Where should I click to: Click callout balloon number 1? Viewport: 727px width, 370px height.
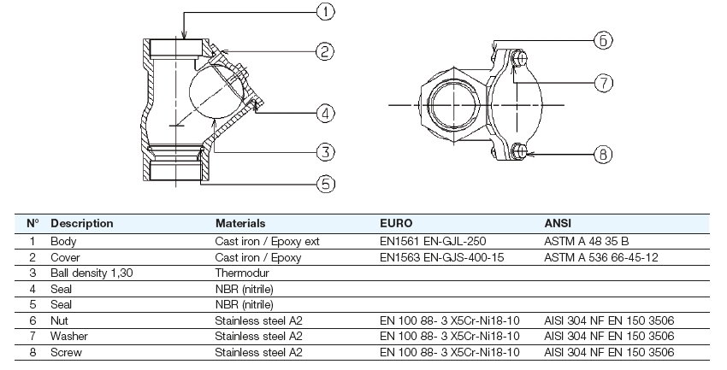point(326,12)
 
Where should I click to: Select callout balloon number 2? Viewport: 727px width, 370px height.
point(325,52)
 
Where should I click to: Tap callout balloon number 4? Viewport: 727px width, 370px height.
point(325,112)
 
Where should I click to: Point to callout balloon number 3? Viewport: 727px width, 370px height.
point(325,152)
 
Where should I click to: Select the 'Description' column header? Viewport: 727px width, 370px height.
point(82,224)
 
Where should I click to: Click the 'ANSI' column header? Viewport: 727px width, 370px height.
point(558,224)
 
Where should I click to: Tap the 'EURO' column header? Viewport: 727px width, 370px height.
point(396,224)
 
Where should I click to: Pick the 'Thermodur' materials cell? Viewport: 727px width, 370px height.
point(241,273)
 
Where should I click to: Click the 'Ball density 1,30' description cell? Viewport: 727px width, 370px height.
point(92,273)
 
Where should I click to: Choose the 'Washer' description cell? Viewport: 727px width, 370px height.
point(69,336)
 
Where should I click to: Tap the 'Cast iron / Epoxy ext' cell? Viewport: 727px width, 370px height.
point(267,242)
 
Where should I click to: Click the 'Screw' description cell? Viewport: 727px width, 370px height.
point(67,352)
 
